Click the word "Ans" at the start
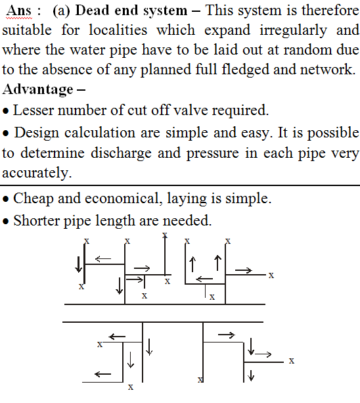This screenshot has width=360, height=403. tap(19, 11)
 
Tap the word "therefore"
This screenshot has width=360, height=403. tap(330, 11)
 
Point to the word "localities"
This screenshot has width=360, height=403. tap(118, 30)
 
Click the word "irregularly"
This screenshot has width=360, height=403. tap(293, 31)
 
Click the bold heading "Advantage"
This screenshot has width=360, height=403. tap(38, 90)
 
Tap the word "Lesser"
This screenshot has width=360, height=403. tap(34, 110)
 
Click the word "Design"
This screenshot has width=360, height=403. tap(37, 133)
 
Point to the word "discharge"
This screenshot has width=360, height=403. tap(121, 153)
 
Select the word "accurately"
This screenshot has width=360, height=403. tap(37, 173)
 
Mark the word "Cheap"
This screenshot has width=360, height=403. tap(34, 199)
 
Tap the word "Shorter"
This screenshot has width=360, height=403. tap(36, 221)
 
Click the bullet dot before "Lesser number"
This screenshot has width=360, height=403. tap(6, 111)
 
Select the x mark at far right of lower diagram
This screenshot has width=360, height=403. tap(292, 361)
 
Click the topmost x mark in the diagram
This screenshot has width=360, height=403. tap(165, 235)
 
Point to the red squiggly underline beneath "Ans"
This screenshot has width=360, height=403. tap(19, 18)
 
